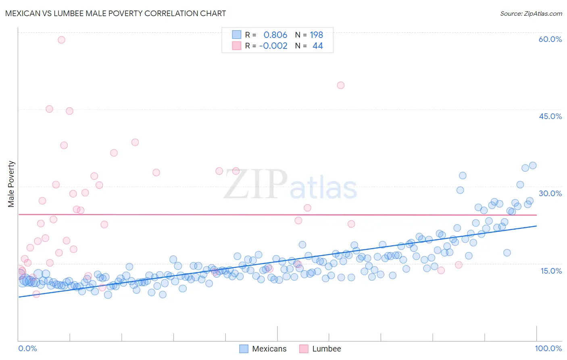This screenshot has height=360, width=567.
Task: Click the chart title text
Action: click(x=115, y=13)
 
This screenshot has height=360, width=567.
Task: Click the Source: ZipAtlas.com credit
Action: click(x=531, y=14)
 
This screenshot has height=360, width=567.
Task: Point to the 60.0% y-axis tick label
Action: click(x=550, y=39)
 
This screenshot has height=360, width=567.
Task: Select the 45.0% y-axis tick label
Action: click(x=550, y=116)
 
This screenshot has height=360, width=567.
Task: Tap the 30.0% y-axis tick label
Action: click(x=550, y=193)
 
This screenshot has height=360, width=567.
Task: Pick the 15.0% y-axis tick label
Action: click(x=551, y=270)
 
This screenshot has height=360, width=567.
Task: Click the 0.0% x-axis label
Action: click(x=27, y=348)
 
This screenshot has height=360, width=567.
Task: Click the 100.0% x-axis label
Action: click(x=548, y=348)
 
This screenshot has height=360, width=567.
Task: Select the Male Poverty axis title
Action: click(x=11, y=184)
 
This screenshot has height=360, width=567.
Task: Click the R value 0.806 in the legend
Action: click(x=275, y=35)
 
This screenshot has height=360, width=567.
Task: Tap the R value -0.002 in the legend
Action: click(x=273, y=46)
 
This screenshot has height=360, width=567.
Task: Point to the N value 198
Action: click(x=316, y=35)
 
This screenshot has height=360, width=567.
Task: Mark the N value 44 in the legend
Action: click(x=317, y=46)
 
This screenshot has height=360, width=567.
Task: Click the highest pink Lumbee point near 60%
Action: click(x=61, y=40)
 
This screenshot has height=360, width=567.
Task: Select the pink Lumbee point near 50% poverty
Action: click(x=340, y=85)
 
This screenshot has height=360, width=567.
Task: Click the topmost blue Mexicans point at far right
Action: click(x=532, y=165)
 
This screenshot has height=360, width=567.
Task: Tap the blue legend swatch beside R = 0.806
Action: click(x=236, y=35)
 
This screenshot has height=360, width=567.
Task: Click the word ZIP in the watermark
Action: click(x=255, y=184)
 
